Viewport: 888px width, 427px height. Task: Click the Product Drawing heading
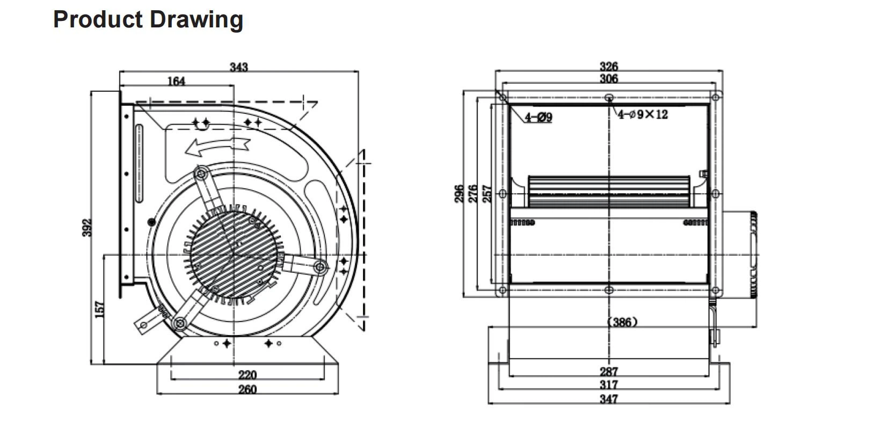point(148,20)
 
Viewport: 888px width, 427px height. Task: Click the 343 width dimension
point(239,67)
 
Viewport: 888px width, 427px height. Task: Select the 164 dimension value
point(176,81)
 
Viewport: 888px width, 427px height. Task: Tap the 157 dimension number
point(100,309)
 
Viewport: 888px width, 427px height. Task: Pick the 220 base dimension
point(247,374)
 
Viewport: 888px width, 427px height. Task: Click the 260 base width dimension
point(247,389)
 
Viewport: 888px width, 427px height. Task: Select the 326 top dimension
point(608,67)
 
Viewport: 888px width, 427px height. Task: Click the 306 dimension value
point(608,79)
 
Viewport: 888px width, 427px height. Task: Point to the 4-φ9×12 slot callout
point(642,114)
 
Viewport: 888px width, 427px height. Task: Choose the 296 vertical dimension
point(460,193)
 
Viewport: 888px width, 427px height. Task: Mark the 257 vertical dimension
point(487,193)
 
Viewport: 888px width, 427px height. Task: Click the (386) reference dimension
point(622,322)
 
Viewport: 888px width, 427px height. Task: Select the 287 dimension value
point(608,371)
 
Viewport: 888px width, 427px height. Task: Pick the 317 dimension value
point(608,385)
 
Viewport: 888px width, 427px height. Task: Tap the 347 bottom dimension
point(608,399)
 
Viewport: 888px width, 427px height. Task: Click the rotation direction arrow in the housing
point(218,145)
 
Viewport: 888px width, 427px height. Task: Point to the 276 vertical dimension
point(474,193)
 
